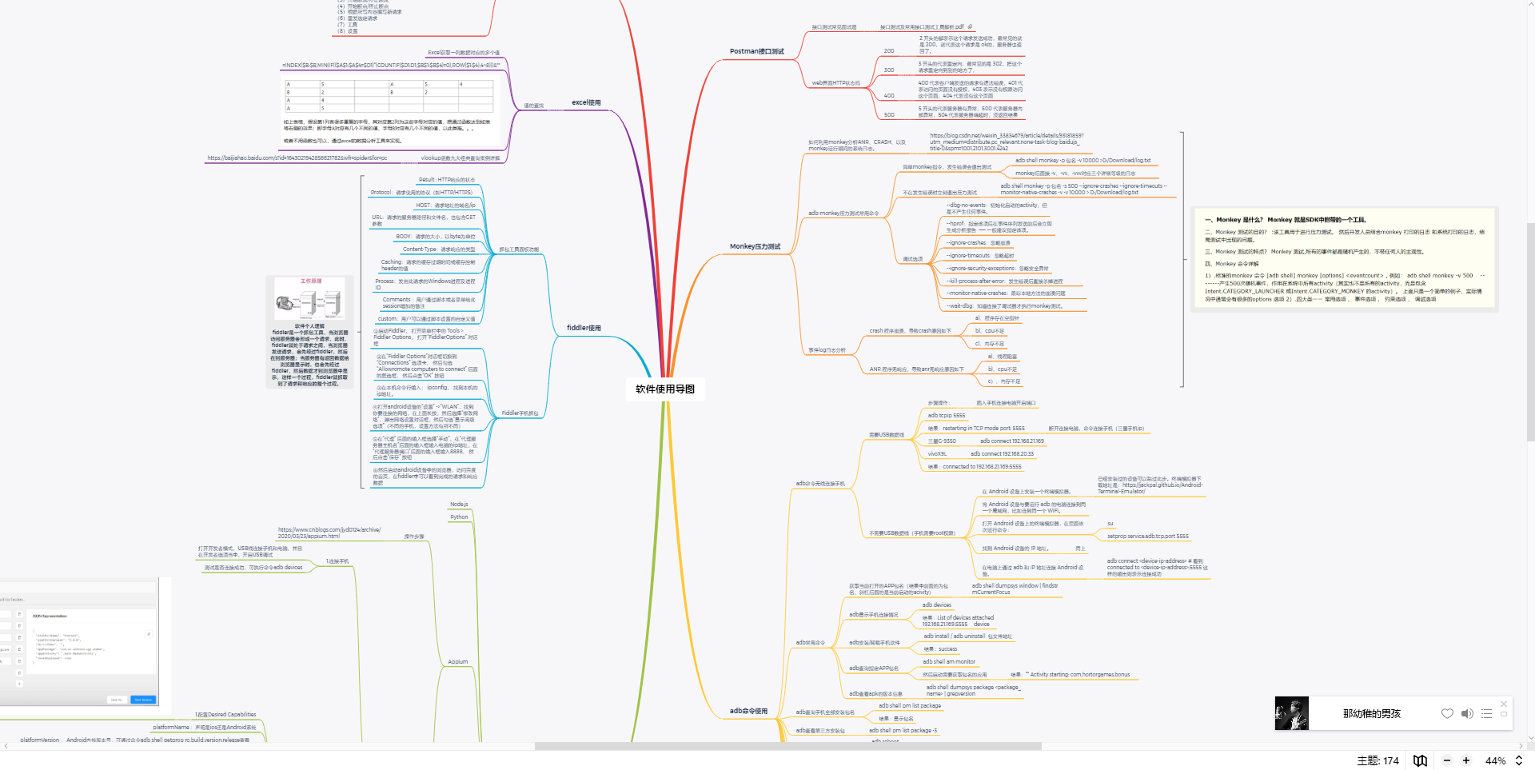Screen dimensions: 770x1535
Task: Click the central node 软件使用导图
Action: coord(665,389)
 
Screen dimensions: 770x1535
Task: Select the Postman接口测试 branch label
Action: coord(756,51)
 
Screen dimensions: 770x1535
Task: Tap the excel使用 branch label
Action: coord(586,102)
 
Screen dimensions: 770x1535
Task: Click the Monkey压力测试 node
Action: coord(755,246)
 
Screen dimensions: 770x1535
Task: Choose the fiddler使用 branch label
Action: coord(584,328)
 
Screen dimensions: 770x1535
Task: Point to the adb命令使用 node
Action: coord(748,711)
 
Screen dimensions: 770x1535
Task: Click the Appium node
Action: coord(458,662)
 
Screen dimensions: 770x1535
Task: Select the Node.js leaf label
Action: coord(459,505)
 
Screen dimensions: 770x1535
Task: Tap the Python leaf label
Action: coord(459,517)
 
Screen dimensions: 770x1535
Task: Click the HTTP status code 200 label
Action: coord(889,51)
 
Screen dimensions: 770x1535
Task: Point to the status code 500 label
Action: coord(889,115)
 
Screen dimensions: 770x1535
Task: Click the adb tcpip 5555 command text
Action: coord(947,416)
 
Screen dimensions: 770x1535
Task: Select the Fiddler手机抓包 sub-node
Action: coord(520,413)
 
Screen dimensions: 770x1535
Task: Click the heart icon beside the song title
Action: coord(1447,714)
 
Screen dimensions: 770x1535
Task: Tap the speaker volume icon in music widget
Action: coord(1467,714)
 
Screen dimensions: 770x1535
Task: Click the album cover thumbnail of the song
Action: coord(1291,714)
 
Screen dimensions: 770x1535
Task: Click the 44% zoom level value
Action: coord(1495,761)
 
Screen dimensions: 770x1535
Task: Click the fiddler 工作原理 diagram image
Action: coord(309,300)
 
